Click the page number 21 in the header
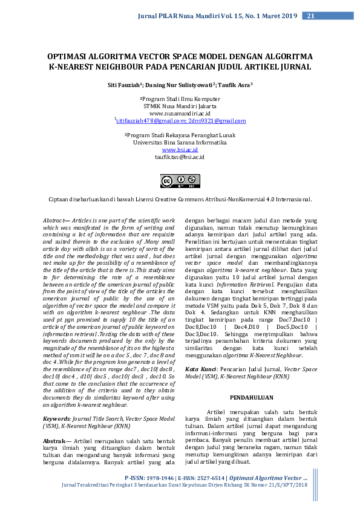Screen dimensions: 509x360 click(x=310, y=16)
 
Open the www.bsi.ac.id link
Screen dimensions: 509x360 click(x=180, y=149)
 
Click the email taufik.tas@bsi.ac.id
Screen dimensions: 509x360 click(x=180, y=157)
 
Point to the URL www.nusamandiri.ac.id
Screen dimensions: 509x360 click(x=180, y=113)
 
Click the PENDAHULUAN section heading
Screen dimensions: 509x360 click(x=252, y=398)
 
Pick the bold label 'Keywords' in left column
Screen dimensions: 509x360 click(x=57, y=418)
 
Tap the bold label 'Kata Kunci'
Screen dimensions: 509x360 click(x=201, y=368)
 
